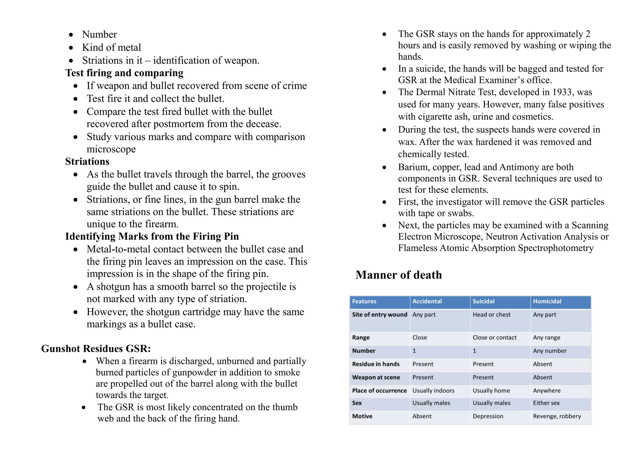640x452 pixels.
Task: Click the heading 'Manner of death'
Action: coord(398,275)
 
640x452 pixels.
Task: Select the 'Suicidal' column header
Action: coord(483,301)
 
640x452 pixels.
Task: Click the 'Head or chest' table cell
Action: coord(491,315)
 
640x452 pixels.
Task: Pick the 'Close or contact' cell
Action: coord(494,337)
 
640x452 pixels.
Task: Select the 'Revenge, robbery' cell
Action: coord(557,416)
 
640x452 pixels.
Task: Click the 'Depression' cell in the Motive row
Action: coord(488,416)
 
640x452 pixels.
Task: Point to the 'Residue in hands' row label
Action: coord(376,364)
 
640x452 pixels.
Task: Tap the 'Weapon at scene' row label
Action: coord(376,377)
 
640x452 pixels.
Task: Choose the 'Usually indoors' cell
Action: coord(433,391)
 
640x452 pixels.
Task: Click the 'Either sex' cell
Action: coord(546,403)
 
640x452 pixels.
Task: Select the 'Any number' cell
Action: coord(549,351)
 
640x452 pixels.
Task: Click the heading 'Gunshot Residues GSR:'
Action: coord(96,349)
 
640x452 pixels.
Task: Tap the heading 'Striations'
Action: coord(87,161)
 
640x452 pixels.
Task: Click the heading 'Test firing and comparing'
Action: coord(124,73)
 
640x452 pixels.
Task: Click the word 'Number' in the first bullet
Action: coord(99,34)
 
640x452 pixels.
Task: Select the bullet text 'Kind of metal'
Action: coord(111,47)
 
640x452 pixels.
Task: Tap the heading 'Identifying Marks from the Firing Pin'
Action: coord(152,236)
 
